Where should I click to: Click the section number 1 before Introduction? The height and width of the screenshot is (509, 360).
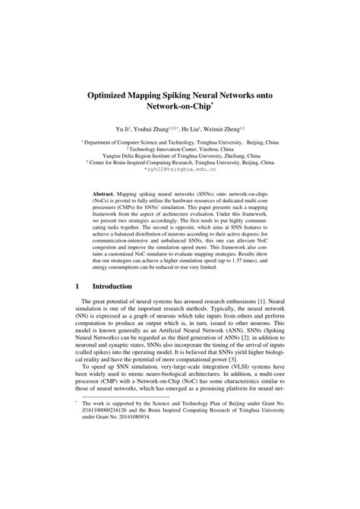click(78, 286)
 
